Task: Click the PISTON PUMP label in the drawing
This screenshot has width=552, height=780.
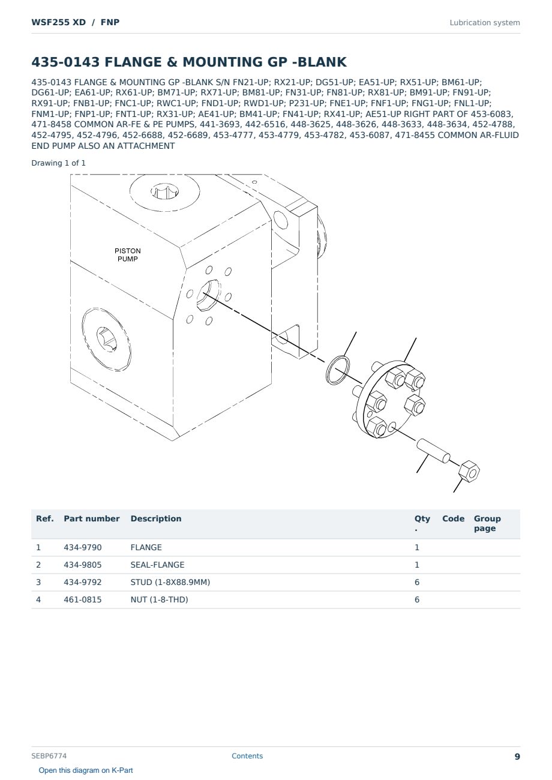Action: [127, 255]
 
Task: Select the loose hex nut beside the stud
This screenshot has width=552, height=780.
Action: [469, 471]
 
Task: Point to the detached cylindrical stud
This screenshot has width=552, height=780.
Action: [433, 451]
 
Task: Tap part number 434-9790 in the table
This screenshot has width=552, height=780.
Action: [83, 547]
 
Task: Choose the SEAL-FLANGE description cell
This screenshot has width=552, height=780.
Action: [157, 565]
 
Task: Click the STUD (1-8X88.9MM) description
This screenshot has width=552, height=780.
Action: [170, 582]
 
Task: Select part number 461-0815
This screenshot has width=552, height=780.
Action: [83, 599]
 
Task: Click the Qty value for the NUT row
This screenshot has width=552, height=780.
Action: [417, 599]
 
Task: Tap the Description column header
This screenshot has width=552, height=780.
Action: [156, 518]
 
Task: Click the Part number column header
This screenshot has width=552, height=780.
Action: [92, 518]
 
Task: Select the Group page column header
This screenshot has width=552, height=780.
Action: [487, 523]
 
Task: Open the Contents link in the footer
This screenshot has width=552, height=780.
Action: [247, 756]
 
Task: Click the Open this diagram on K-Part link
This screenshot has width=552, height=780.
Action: [86, 770]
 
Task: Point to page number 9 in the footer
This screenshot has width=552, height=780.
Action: [517, 757]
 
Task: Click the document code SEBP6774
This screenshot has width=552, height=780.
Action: [49, 756]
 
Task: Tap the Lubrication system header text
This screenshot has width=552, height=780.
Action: [485, 23]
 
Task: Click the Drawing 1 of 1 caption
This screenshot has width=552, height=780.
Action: [59, 163]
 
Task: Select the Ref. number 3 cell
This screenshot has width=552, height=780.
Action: [38, 582]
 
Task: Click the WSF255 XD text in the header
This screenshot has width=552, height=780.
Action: [59, 22]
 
